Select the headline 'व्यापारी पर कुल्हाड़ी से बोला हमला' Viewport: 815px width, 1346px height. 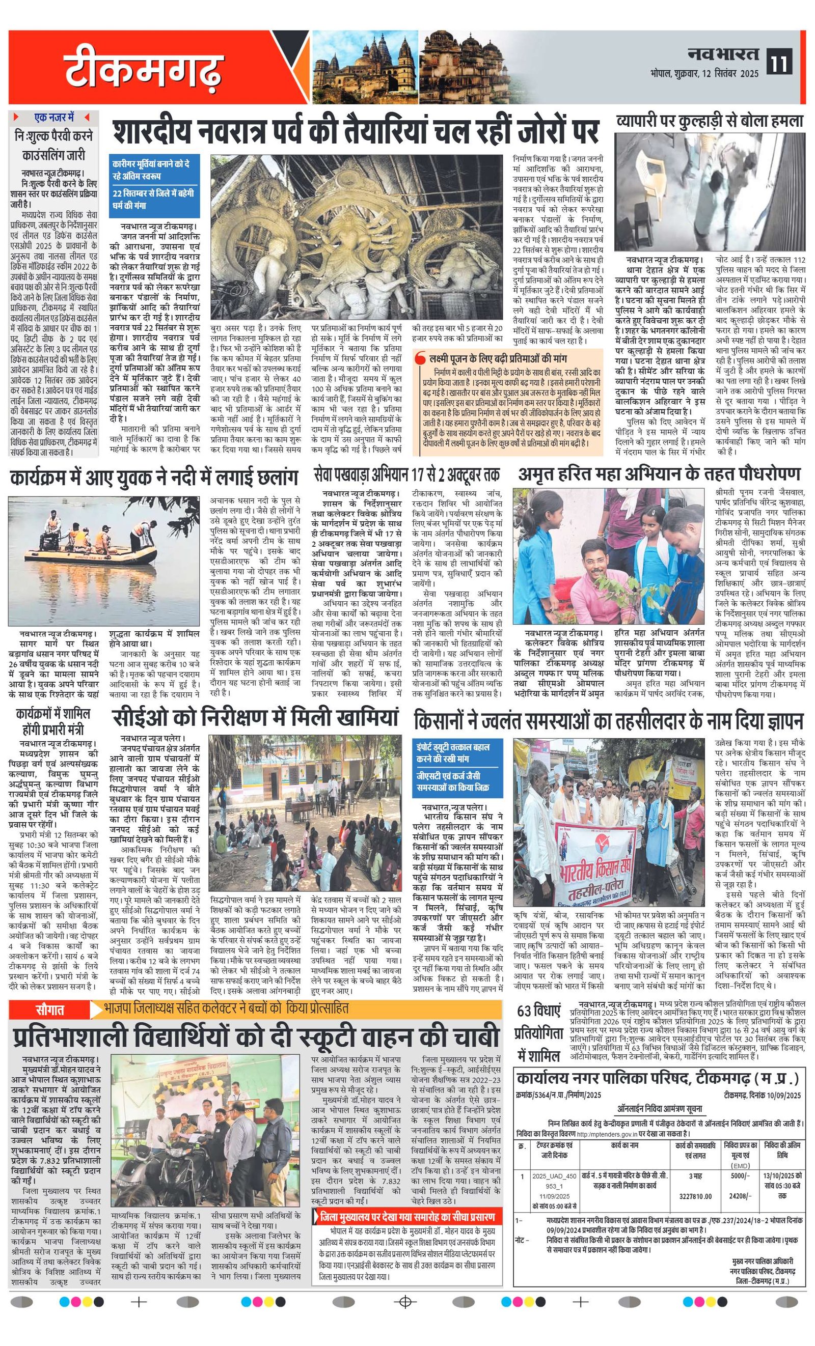(710, 121)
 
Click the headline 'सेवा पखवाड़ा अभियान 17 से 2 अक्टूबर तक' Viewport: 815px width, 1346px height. (407, 473)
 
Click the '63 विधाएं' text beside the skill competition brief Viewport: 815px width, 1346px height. (539, 1012)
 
